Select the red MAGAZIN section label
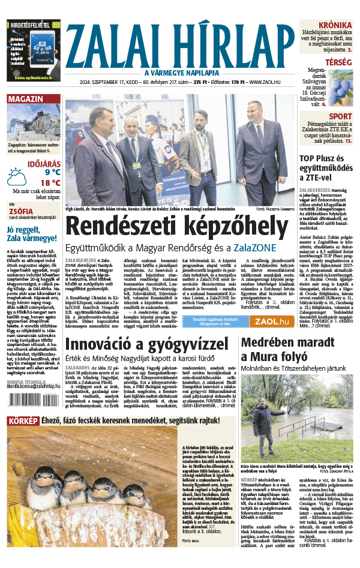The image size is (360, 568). tap(25, 99)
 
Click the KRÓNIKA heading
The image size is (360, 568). tap(334, 25)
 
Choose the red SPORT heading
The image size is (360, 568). tap(340, 116)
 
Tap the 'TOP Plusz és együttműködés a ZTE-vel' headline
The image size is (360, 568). tap(328, 169)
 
